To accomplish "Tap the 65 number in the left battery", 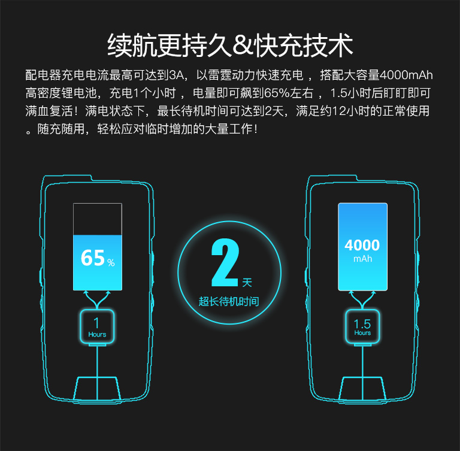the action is [x=93, y=258].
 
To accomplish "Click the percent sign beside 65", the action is [x=111, y=262].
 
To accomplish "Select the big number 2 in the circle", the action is [x=225, y=262].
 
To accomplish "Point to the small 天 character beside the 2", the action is [x=247, y=283].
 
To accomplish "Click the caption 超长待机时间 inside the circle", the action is [x=229, y=301].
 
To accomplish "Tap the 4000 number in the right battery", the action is [x=362, y=245].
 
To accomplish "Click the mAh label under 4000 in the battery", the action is [x=362, y=259].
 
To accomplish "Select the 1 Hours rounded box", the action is [x=97, y=326].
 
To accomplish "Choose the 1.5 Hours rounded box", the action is [x=362, y=326].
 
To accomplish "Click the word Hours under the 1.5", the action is [x=362, y=333].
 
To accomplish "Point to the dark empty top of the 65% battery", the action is [x=98, y=219].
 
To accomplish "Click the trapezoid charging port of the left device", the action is [x=97, y=388].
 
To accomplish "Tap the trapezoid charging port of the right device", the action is [x=362, y=388].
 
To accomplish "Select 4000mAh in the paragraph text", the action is [x=406, y=75].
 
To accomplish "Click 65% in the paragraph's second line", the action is [x=277, y=93].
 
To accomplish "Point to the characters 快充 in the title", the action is [x=279, y=46].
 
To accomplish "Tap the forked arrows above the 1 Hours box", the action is [x=97, y=300].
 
